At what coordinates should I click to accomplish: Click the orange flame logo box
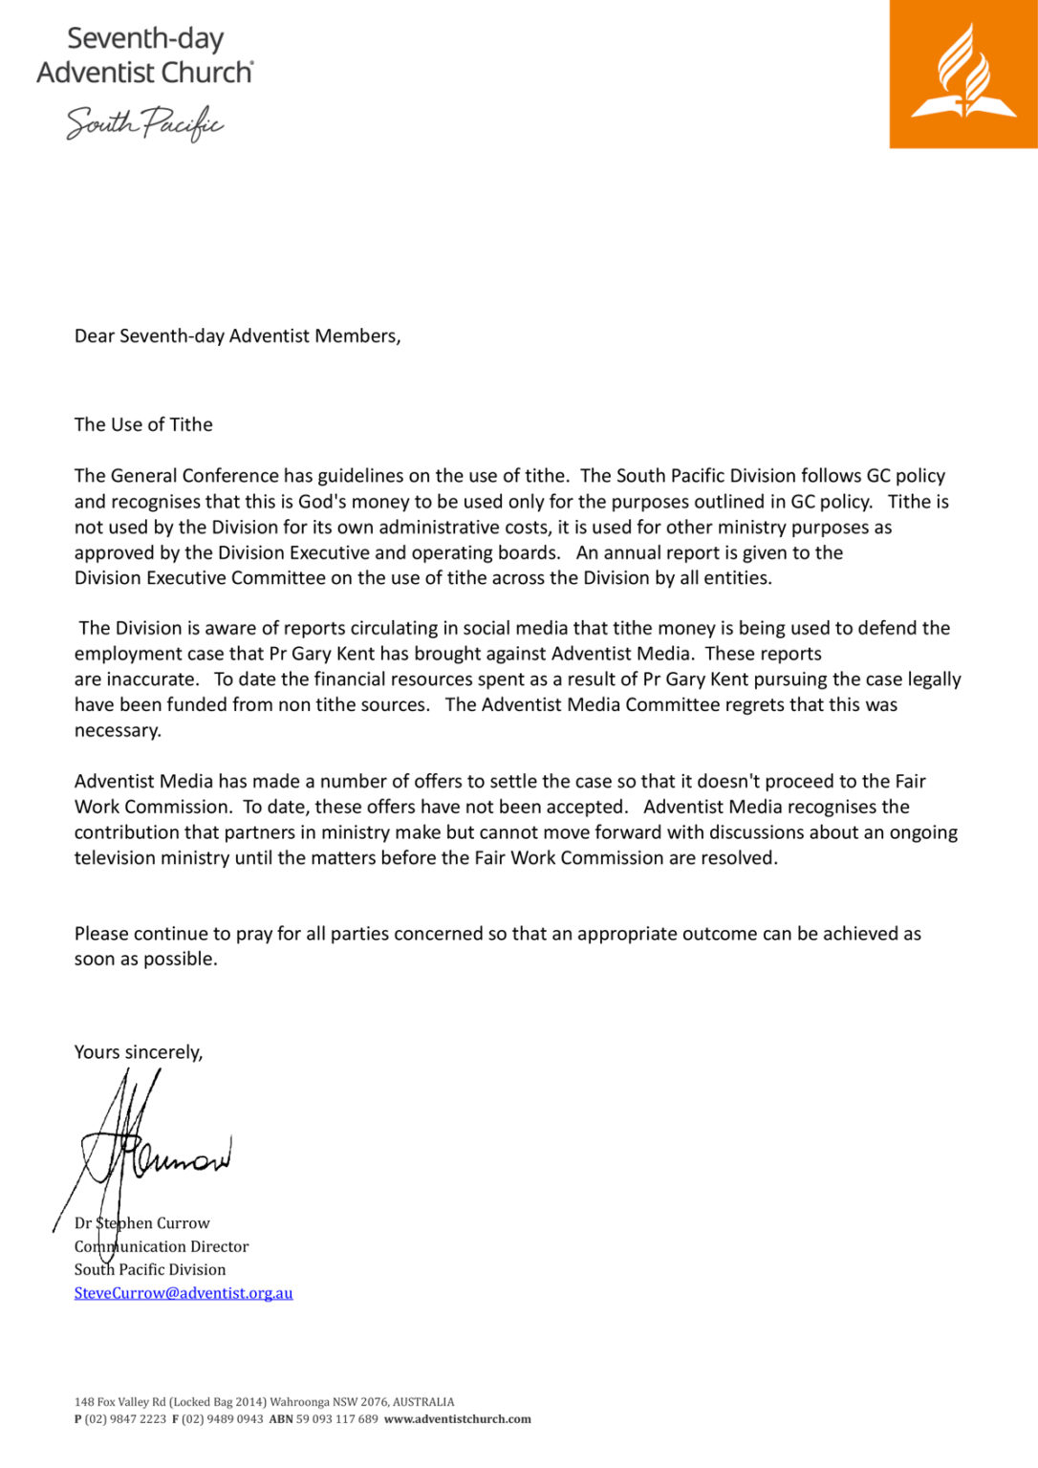coord(963,74)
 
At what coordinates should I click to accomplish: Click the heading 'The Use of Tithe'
coord(143,424)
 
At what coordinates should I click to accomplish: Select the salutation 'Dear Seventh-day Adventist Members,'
coord(237,335)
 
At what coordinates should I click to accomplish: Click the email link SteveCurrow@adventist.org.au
coord(184,1293)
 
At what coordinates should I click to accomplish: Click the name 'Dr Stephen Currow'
coord(142,1223)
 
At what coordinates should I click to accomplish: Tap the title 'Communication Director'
coord(162,1246)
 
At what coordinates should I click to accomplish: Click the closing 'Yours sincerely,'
coord(139,1052)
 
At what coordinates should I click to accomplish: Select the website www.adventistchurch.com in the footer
coord(457,1419)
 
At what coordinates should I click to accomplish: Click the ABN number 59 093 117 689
coord(336,1419)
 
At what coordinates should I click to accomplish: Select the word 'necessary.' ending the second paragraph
coord(118,730)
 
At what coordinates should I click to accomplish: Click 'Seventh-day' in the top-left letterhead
coord(145,38)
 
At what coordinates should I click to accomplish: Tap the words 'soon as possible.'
coord(145,959)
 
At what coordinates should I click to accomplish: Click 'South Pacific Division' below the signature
coord(150,1269)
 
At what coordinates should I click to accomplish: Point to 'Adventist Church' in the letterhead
coord(144,73)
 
